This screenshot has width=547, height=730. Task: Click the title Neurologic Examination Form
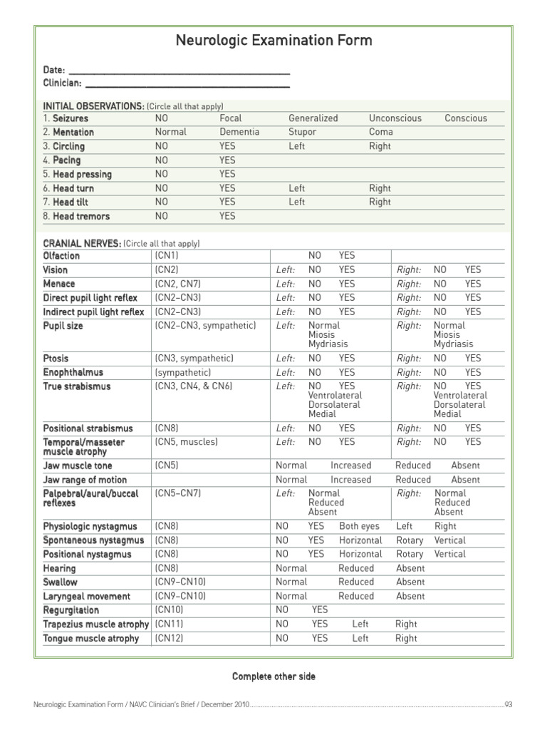(273, 41)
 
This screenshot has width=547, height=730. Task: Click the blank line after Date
(179, 71)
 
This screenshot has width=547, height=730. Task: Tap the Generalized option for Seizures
(313, 118)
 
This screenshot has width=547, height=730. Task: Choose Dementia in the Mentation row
(239, 132)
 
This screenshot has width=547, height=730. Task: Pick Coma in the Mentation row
(380, 132)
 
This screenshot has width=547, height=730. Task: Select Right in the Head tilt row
(380, 202)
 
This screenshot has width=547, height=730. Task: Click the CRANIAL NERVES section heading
(82, 243)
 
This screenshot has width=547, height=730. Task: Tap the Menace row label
(58, 284)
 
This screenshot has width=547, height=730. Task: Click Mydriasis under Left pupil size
(328, 344)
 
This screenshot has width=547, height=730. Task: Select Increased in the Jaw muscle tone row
(350, 466)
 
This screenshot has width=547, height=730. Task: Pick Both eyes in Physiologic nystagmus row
(359, 526)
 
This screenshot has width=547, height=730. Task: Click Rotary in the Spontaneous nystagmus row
(410, 540)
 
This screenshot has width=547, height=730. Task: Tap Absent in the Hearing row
(410, 568)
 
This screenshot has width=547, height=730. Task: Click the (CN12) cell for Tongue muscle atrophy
(169, 638)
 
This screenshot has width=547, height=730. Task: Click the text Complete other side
(273, 676)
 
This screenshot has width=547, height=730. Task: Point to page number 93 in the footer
(509, 704)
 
